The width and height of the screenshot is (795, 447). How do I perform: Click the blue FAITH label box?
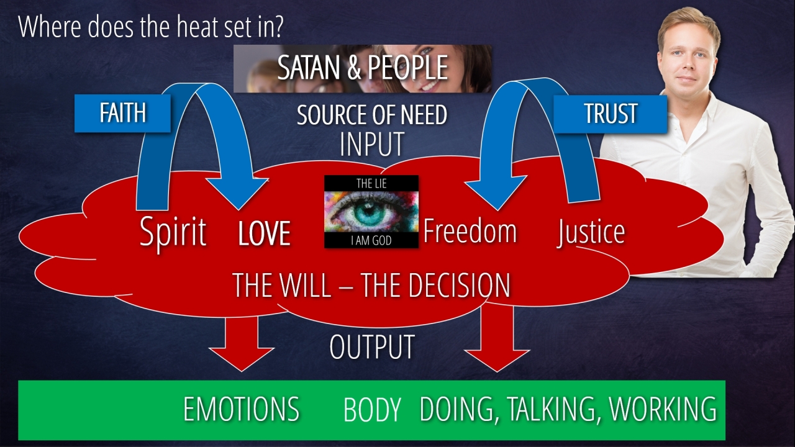click(122, 114)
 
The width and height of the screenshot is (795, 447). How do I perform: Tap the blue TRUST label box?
click(610, 114)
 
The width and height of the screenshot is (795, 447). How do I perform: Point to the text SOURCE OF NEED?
click(371, 115)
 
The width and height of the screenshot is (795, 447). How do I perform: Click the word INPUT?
click(371, 144)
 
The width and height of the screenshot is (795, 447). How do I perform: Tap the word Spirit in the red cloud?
click(173, 232)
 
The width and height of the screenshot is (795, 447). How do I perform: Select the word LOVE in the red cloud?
click(264, 234)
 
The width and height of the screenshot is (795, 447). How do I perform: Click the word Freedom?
click(470, 231)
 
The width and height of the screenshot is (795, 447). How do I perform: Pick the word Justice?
click(591, 232)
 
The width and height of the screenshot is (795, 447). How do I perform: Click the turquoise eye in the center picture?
click(371, 211)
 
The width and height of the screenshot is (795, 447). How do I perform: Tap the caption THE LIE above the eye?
click(371, 183)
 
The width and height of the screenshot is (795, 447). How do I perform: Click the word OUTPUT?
click(371, 347)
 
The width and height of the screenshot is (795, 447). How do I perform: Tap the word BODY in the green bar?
click(371, 410)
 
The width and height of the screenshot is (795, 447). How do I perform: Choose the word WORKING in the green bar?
click(663, 409)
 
